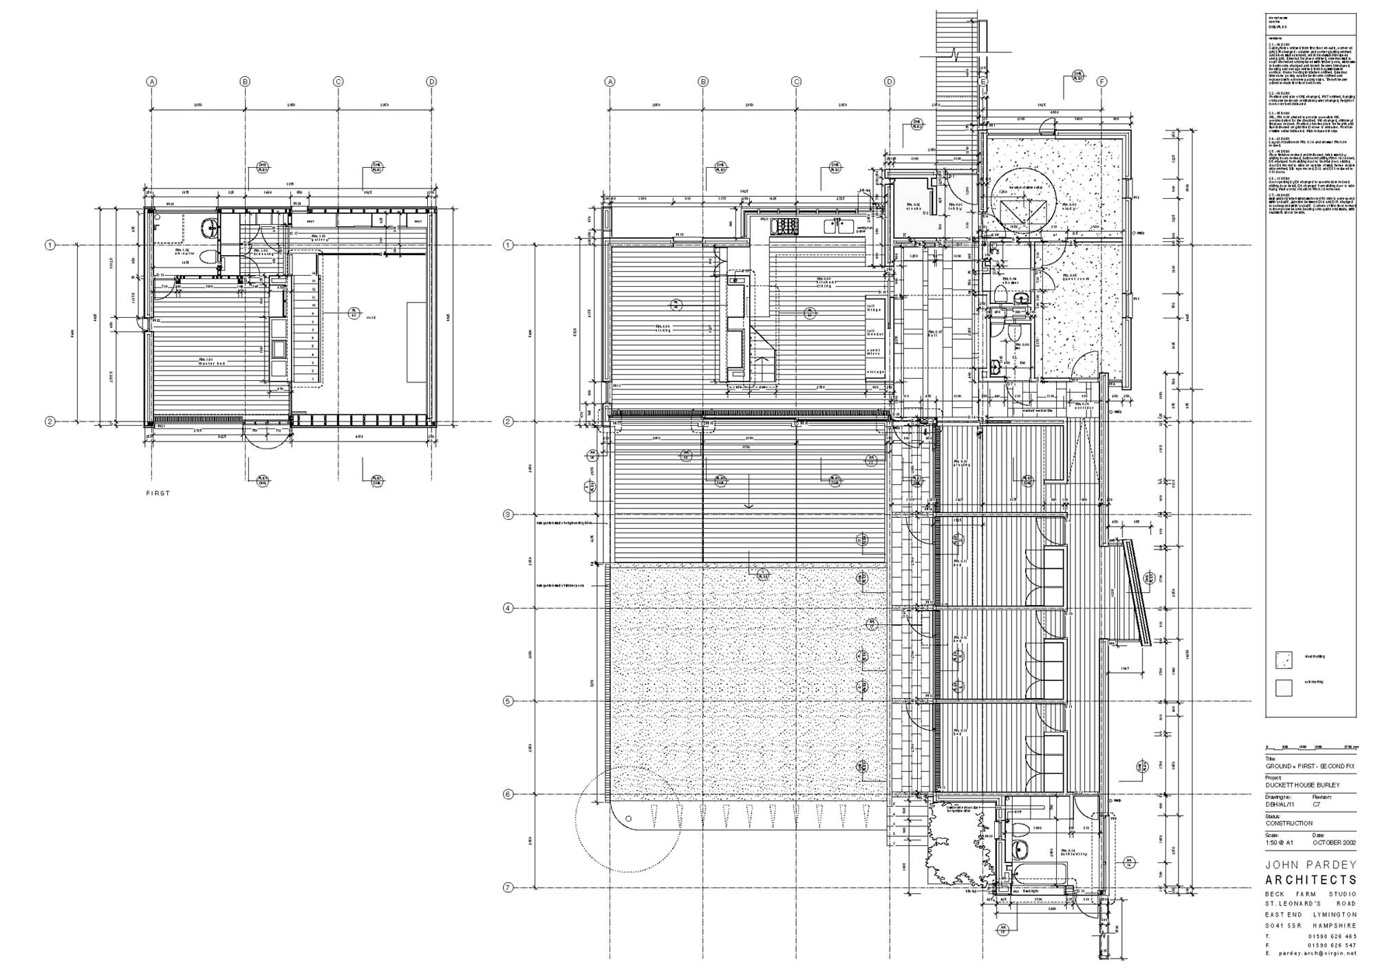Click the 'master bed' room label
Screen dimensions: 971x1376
coord(207,362)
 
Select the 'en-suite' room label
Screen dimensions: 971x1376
coord(182,252)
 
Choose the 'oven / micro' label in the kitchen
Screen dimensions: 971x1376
coord(874,352)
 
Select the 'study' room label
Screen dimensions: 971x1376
coord(1068,206)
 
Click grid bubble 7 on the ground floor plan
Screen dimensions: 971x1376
coord(508,888)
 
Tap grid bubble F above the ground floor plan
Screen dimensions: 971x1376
coord(1101,82)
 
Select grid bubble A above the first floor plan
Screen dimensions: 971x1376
coord(152,82)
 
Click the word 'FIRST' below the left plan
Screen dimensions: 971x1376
coord(158,493)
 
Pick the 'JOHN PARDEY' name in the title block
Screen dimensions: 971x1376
coord(1311,864)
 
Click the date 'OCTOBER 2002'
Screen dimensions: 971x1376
coord(1334,842)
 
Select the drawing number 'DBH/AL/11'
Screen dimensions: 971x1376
coord(1280,804)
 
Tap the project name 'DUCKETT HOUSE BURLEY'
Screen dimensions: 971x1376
coord(1302,785)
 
